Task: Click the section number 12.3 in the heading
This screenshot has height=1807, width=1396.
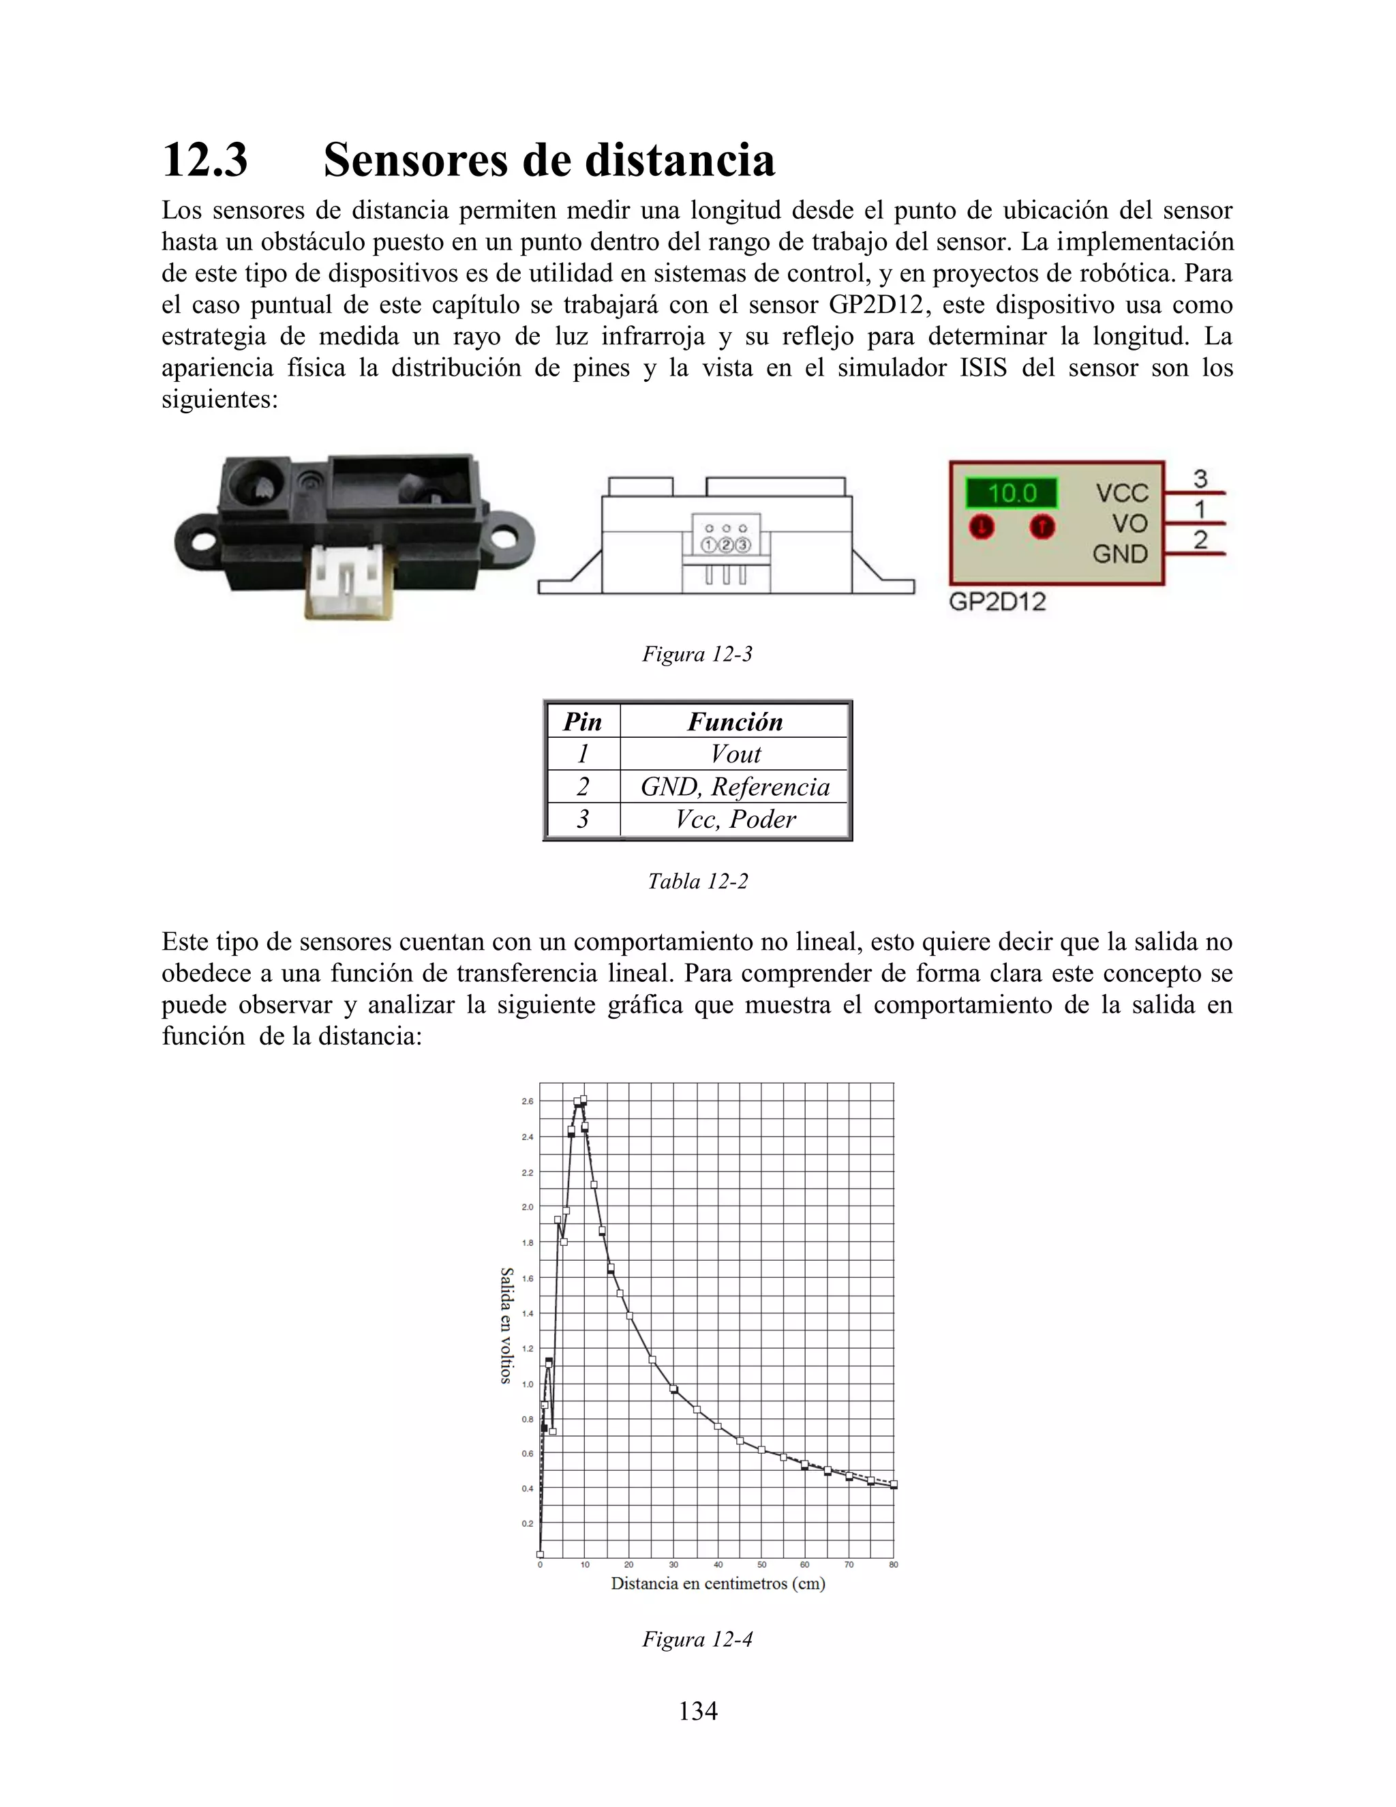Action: (205, 160)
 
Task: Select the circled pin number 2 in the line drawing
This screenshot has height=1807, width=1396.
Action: (725, 544)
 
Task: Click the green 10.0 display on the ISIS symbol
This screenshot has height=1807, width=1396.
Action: (1012, 494)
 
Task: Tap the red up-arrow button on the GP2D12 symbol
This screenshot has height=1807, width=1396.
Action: (1042, 526)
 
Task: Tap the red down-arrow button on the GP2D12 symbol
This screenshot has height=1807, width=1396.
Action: (982, 526)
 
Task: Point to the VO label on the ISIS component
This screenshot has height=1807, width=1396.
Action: (1129, 524)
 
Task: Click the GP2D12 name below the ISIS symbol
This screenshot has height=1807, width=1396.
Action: (997, 601)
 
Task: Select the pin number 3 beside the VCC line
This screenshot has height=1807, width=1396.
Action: (1200, 478)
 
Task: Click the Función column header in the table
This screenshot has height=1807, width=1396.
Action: (734, 721)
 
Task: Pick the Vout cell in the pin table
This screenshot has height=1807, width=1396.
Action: (734, 753)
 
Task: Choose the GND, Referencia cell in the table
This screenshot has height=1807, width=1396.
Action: (734, 786)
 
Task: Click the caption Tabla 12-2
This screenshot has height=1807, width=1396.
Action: (697, 881)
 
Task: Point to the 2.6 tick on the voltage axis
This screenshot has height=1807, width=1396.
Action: (528, 1101)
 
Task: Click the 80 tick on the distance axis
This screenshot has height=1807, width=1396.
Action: (893, 1564)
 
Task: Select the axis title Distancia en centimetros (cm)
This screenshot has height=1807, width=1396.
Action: (718, 1583)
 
